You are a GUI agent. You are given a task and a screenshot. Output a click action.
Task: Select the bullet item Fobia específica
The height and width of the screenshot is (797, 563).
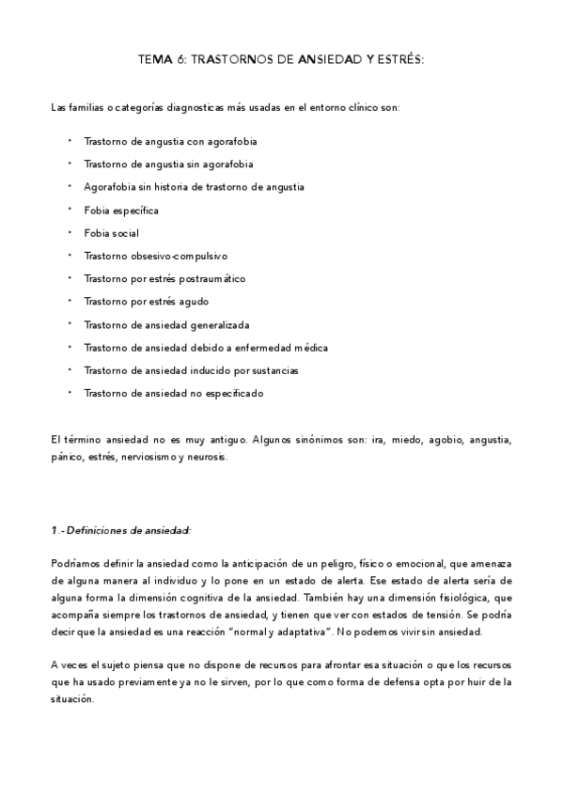coord(121,210)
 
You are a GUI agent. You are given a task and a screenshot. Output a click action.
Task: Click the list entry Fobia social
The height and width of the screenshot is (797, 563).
coord(111,232)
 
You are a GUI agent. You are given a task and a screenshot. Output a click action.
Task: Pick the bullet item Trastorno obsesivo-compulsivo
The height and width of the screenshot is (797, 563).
coord(155,256)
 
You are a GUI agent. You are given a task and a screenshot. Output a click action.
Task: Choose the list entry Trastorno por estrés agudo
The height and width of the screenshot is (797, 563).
coord(146,302)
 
